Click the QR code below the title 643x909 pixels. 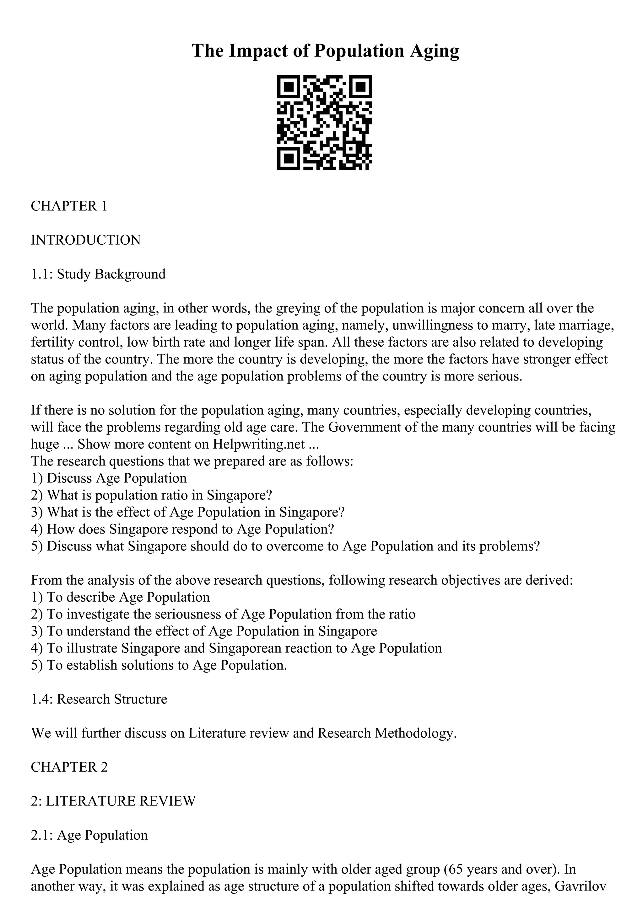click(x=324, y=123)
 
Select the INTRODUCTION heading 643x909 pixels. click(x=86, y=240)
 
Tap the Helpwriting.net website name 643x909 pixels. click(x=259, y=444)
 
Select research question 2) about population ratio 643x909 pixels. click(x=151, y=495)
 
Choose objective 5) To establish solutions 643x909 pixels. click(x=159, y=665)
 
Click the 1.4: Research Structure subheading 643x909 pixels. click(x=99, y=699)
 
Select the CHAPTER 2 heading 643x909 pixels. click(x=69, y=767)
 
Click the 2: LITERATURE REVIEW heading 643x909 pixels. click(x=113, y=801)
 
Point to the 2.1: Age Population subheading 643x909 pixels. click(x=89, y=835)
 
